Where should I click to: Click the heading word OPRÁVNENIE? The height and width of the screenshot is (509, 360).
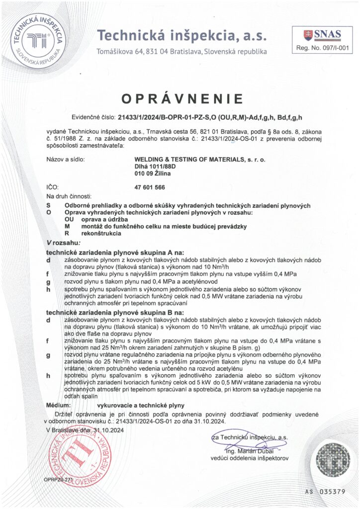click(182, 97)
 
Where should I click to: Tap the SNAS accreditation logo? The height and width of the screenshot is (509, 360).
click(322, 35)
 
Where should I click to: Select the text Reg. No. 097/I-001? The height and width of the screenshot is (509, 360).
click(323, 48)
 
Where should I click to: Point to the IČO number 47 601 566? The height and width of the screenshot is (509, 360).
click(150, 187)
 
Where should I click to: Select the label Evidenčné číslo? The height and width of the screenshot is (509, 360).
click(93, 117)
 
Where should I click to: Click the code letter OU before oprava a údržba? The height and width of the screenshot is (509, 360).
click(70, 219)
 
